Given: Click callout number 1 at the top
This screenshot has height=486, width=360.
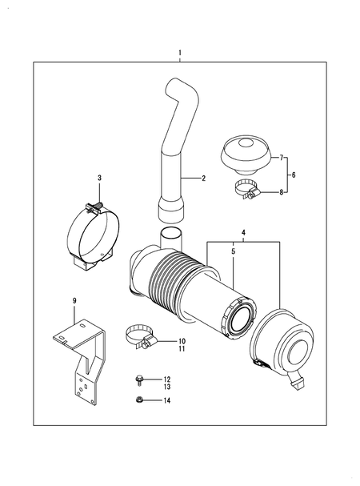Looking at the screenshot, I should tap(180, 53).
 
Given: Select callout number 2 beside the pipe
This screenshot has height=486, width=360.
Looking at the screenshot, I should tap(204, 178).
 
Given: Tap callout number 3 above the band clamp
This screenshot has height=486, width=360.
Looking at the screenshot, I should tap(99, 177).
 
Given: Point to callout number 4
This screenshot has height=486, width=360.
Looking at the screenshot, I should tap(243, 233).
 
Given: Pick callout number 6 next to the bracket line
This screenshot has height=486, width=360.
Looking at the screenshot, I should tap(294, 174).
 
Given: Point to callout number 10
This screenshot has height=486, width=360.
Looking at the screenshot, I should tap(182, 340).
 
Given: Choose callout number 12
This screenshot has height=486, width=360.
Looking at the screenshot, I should tap(166, 379).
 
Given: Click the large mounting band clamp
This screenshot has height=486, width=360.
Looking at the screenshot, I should tap(94, 234).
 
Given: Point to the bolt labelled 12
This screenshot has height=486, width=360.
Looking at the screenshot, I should tap(139, 380).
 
